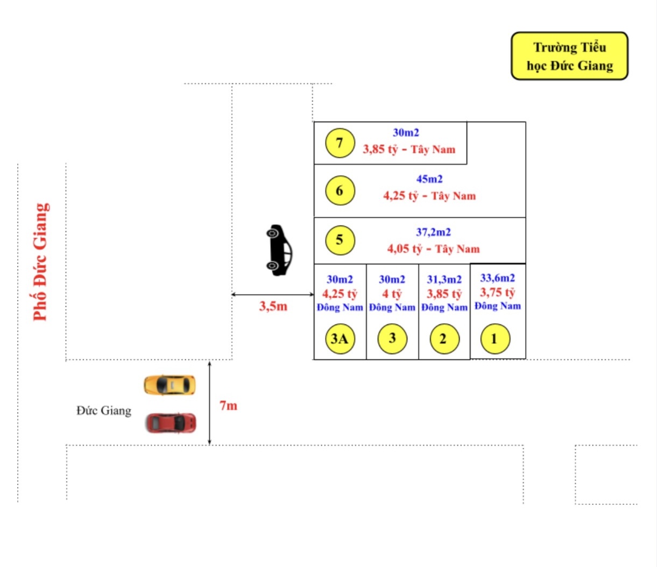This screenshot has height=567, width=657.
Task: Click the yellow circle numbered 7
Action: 340,143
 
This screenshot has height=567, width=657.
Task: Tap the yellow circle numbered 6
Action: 340,190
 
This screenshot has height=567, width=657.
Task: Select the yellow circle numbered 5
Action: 340,240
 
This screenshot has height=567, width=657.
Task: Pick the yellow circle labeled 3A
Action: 340,338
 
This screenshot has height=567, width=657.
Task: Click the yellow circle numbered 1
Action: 494,339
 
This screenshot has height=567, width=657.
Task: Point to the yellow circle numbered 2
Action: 443,339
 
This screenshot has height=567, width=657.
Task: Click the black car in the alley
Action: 279,250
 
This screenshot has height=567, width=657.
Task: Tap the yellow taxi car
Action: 169,385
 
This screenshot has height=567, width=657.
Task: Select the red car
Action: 171,423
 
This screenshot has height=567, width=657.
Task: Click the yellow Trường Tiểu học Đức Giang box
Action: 569,56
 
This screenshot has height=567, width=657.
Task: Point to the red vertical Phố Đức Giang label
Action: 41,262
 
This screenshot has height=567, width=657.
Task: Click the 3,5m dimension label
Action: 273,307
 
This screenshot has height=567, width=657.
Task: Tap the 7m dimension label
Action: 228,406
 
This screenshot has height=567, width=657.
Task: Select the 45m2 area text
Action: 429,179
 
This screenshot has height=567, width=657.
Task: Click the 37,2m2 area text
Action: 433,232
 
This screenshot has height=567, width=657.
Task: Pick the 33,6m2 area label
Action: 497,278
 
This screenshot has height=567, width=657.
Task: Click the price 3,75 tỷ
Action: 497,293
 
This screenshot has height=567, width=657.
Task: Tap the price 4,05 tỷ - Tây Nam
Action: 433,249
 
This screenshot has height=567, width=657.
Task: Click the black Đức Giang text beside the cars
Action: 104,411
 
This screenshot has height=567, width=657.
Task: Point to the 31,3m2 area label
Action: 444,280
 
